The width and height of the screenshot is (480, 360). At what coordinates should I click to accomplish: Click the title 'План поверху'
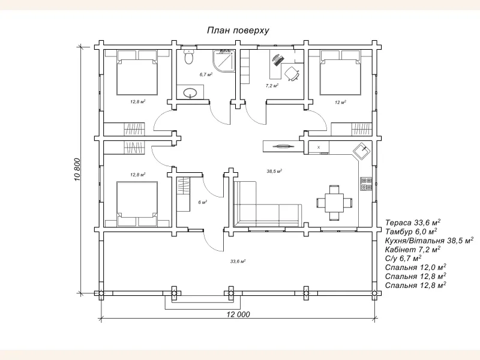click(238, 31)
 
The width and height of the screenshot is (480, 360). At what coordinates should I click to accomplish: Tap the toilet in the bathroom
click(189, 56)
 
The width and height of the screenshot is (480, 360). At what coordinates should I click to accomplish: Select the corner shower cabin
click(224, 61)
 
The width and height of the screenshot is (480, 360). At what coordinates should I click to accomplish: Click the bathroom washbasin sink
click(191, 92)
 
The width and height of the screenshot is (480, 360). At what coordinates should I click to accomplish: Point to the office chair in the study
click(292, 73)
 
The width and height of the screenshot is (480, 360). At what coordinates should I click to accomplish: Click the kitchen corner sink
click(362, 151)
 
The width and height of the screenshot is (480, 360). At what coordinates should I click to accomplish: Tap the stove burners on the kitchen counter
click(366, 184)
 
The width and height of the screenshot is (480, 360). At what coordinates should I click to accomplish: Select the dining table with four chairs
click(334, 203)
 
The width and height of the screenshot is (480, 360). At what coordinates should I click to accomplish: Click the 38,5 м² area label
click(274, 172)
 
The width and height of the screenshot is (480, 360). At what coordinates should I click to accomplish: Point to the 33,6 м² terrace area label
click(238, 262)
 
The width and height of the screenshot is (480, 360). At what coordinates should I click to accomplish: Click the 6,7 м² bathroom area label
click(206, 74)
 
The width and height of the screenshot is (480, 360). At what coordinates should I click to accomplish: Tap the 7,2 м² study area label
click(272, 86)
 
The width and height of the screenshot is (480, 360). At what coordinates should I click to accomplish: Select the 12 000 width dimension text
click(238, 314)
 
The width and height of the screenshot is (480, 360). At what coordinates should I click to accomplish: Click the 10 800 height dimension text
click(77, 169)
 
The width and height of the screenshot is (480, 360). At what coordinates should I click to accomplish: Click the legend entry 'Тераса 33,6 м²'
click(413, 222)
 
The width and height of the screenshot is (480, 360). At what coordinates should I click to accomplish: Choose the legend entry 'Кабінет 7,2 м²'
click(413, 250)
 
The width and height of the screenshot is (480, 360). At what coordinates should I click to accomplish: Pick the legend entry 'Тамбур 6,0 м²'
click(411, 232)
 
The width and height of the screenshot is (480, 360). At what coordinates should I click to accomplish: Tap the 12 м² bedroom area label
click(340, 102)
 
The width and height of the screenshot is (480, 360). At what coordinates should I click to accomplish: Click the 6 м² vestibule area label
click(202, 202)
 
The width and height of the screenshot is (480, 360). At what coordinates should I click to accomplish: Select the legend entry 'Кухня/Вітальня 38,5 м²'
click(430, 241)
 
